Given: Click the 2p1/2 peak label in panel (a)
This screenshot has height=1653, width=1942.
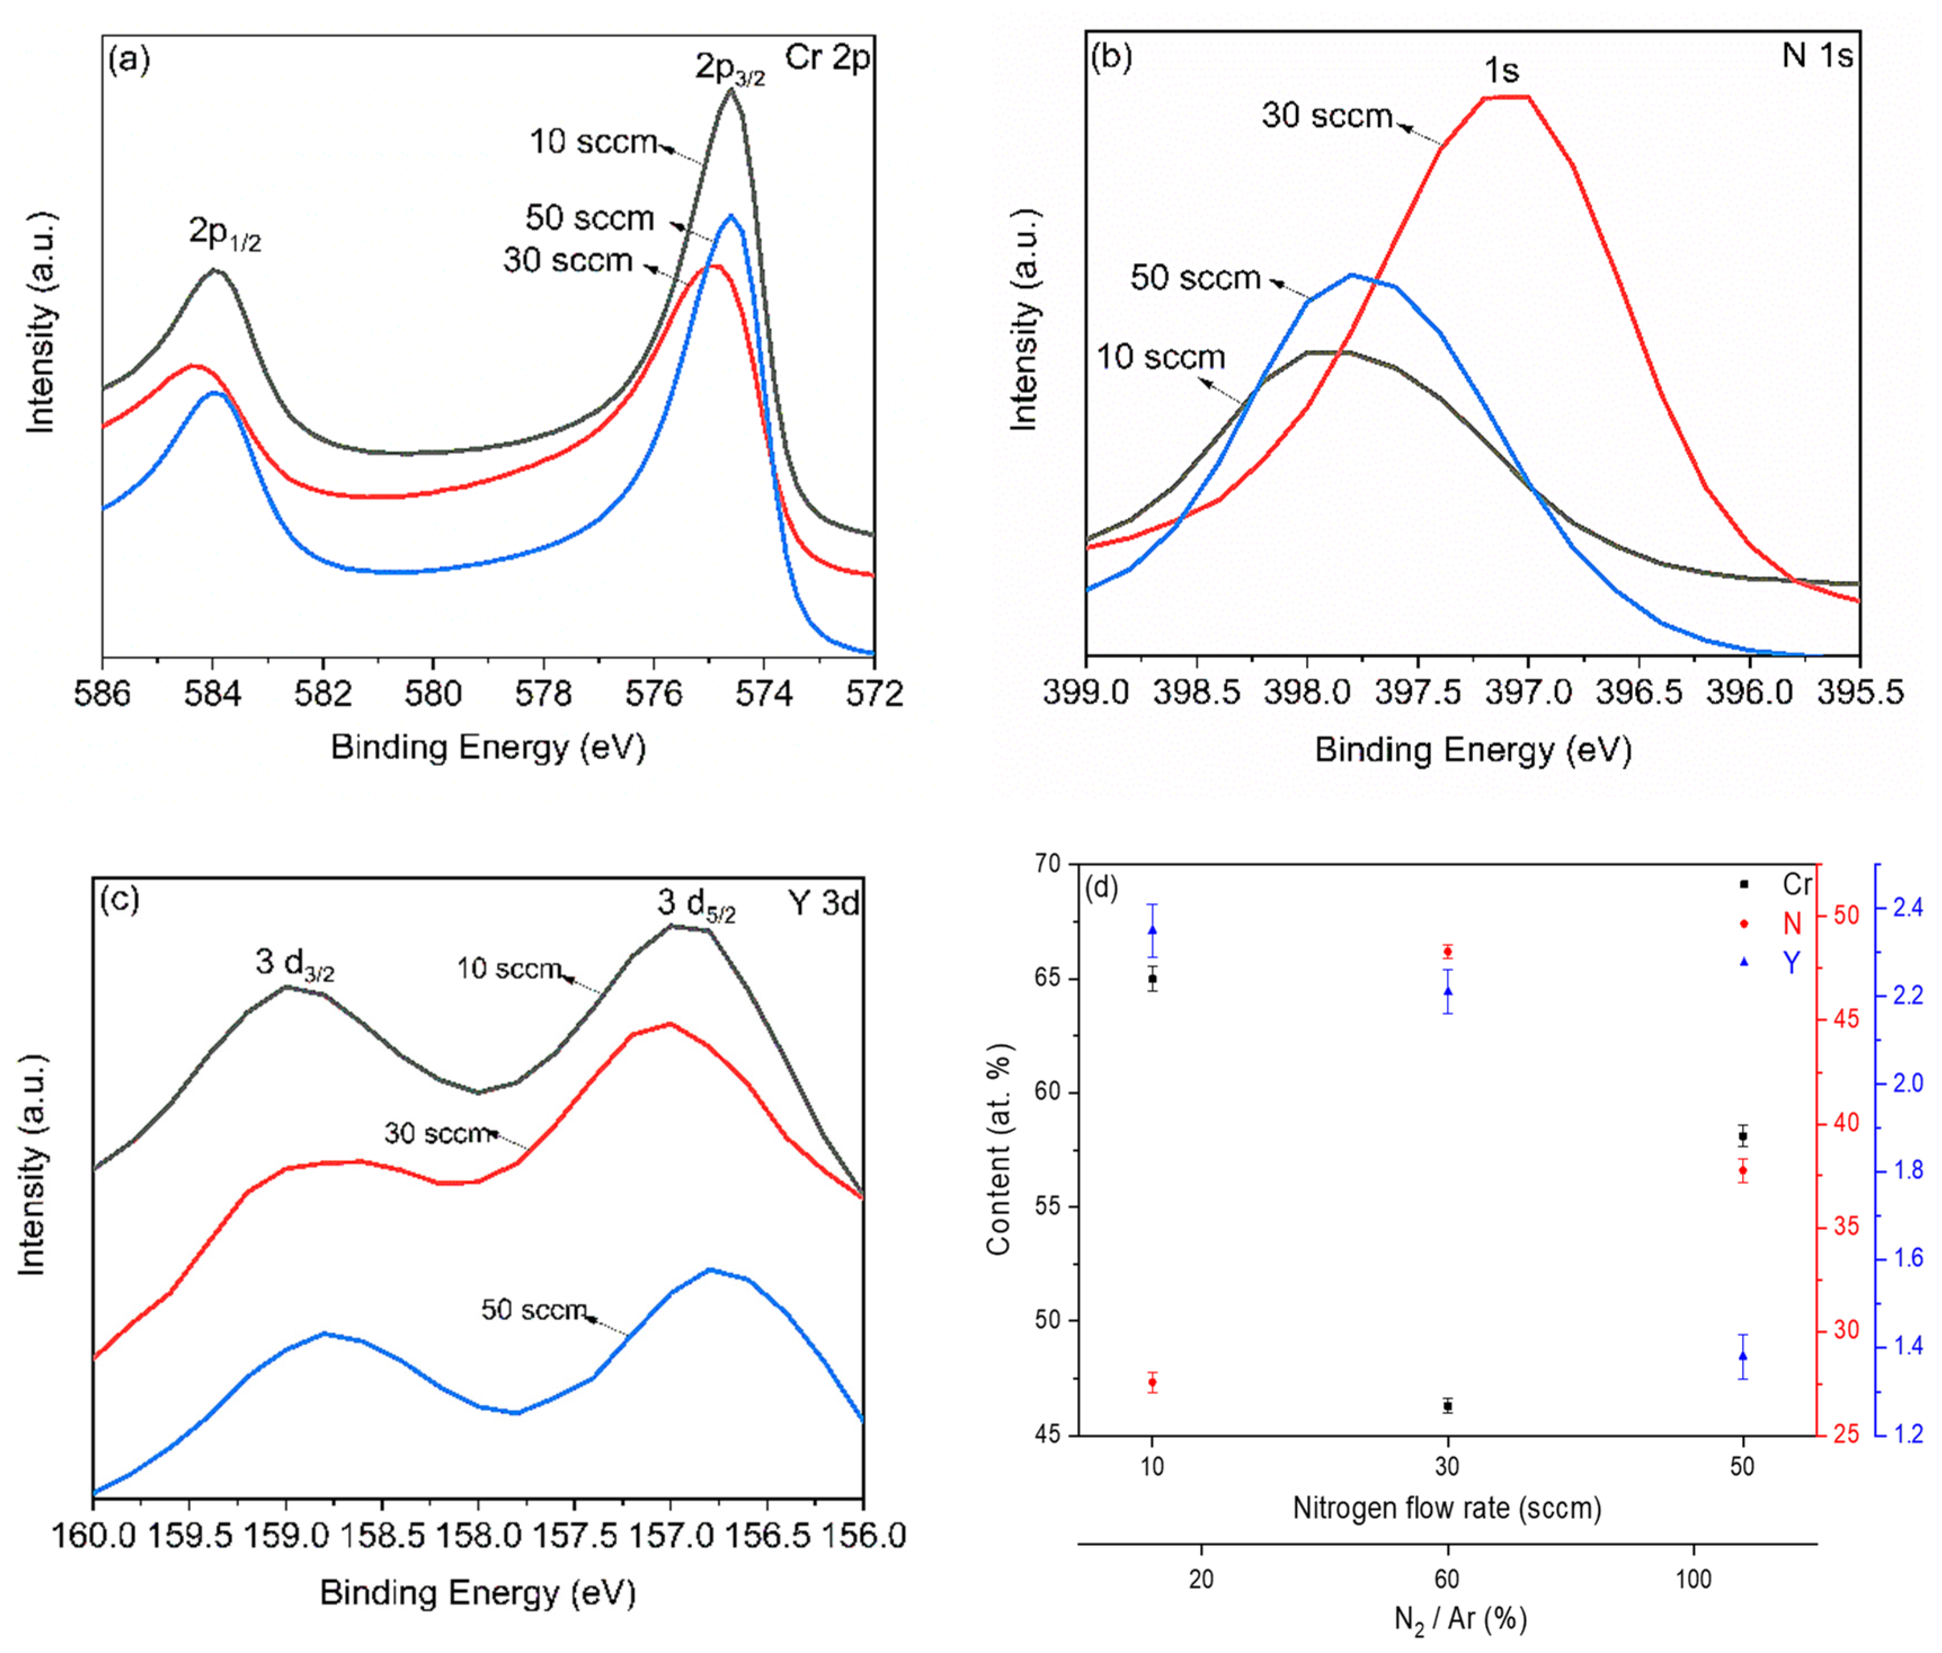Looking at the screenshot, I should [224, 233].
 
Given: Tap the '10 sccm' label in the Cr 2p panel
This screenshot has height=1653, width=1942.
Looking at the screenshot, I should [593, 142].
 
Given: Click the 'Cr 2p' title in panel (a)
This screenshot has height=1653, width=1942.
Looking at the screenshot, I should [827, 58].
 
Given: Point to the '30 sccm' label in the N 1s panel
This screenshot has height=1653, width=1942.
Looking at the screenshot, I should [1326, 116].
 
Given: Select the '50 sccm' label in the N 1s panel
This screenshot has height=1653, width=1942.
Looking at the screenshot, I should [1195, 278].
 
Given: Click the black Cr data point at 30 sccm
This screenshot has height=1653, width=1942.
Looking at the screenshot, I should [1448, 1406].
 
